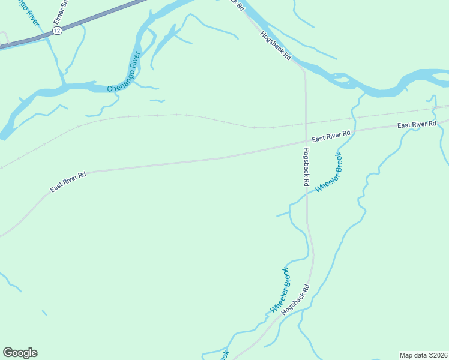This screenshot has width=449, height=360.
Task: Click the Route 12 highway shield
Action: [x=57, y=31]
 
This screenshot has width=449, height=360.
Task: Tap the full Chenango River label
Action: [x=124, y=72]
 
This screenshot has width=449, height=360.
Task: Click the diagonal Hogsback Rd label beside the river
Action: [x=276, y=46]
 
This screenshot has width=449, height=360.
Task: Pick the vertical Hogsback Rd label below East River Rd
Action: [x=306, y=166]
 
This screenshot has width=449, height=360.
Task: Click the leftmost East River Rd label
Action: [x=68, y=182]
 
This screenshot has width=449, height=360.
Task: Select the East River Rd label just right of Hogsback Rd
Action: [x=331, y=135]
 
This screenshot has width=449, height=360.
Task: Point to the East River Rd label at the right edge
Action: [x=417, y=124]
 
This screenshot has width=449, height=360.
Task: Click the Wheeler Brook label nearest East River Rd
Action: [x=329, y=172]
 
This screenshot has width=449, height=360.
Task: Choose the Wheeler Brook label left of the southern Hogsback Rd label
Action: [x=280, y=290]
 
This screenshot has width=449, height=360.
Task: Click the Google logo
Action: [x=20, y=353]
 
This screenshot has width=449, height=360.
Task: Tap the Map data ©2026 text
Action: [x=423, y=355]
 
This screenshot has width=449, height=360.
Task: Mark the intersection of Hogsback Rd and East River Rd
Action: [x=306, y=141]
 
